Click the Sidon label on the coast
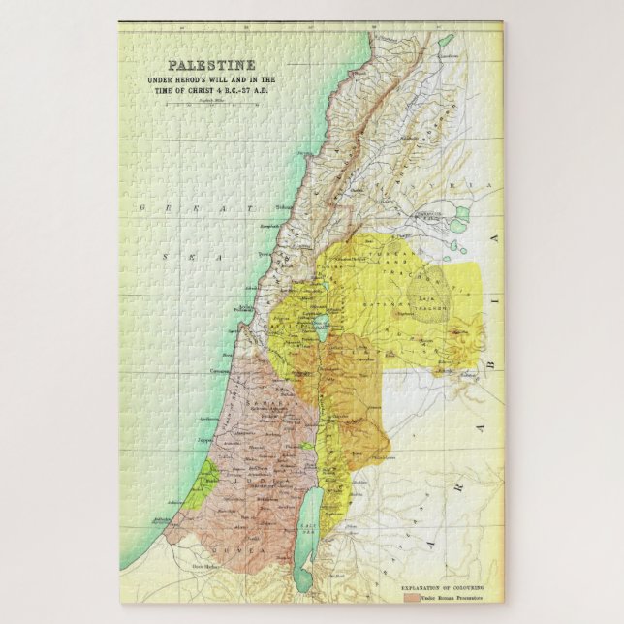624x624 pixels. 282,206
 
